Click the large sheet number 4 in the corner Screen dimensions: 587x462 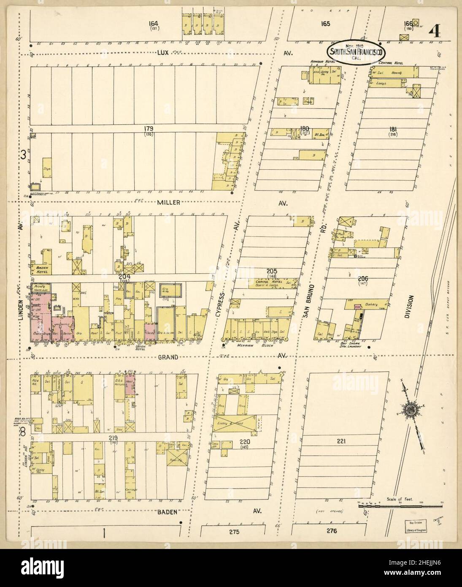click(x=435, y=31)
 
